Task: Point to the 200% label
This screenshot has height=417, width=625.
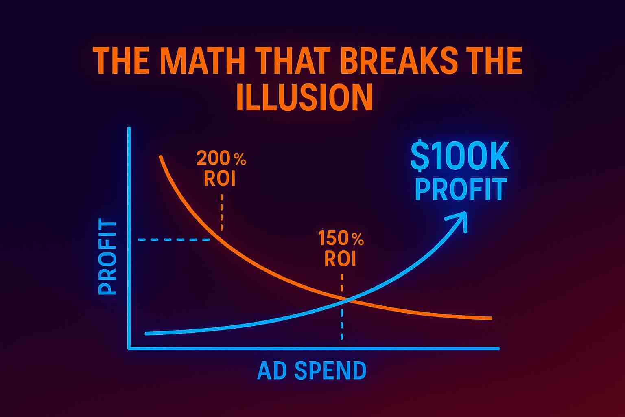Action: point(221,159)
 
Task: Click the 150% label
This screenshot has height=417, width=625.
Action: point(341,239)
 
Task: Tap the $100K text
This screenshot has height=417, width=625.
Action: point(460,157)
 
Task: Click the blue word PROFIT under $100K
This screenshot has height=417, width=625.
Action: point(461,189)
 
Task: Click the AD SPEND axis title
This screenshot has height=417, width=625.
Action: point(312,371)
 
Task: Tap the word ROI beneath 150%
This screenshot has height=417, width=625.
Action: point(341,259)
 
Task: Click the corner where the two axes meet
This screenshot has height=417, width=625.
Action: point(129,349)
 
